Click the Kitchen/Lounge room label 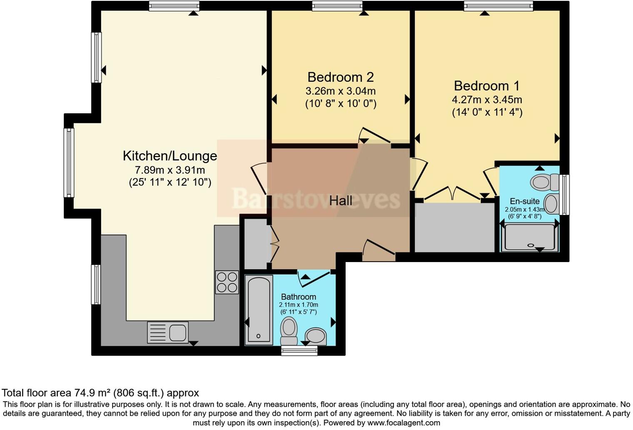[169, 156]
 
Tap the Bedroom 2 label [340, 77]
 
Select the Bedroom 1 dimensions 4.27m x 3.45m [487, 100]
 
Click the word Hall [341, 201]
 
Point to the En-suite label [524, 201]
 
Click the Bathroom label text [298, 297]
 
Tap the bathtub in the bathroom [259, 310]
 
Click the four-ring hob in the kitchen [227, 282]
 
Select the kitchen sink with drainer [168, 332]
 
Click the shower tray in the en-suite [529, 238]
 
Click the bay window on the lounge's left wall [69, 162]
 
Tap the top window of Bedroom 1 [498, 6]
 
